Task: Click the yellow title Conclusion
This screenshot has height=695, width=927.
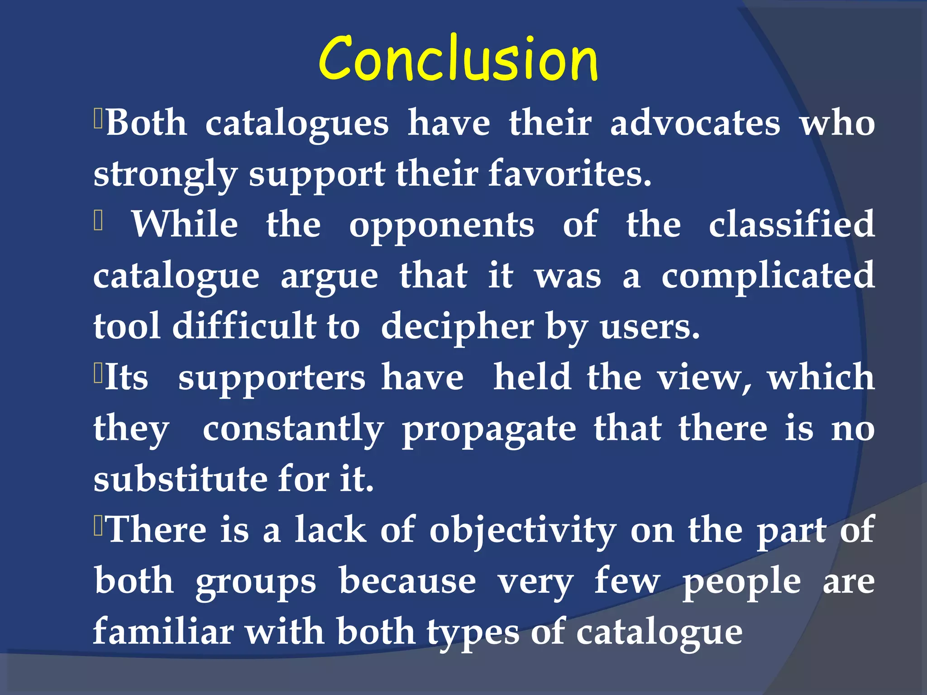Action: tap(458, 59)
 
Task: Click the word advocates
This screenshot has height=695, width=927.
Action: tap(695, 124)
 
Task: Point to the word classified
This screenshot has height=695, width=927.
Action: tap(792, 224)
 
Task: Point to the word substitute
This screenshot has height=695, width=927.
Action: tap(180, 480)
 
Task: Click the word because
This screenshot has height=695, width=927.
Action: tap(407, 581)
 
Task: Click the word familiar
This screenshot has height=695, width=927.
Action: tap(163, 632)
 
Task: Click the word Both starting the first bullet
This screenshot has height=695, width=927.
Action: tap(146, 124)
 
